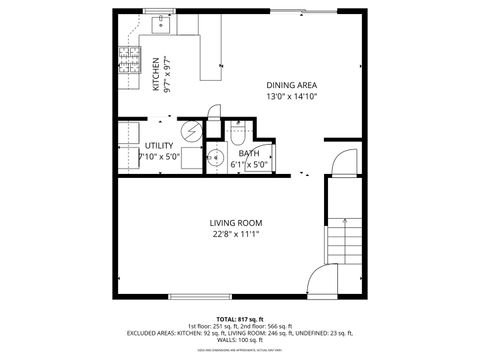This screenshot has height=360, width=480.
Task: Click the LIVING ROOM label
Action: [x=235, y=222]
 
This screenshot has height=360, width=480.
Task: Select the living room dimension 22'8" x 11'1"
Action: [x=235, y=235]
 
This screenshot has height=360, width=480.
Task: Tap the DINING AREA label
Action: [x=291, y=85]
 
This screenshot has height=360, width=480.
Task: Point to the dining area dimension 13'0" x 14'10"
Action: [x=291, y=98]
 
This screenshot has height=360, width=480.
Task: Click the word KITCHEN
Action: [x=155, y=72]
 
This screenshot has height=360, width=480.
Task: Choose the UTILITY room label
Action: [x=158, y=146]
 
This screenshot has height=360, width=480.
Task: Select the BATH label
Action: [x=249, y=153]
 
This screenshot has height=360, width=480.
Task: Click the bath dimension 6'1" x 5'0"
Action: [x=249, y=164]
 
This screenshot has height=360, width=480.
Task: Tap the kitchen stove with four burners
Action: [x=128, y=62]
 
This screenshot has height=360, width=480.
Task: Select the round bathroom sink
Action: [x=213, y=157]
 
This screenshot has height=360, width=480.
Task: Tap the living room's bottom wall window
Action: [x=201, y=296]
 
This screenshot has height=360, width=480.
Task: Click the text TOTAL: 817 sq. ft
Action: [x=239, y=317]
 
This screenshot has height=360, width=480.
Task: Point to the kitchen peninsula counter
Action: [x=210, y=55]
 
